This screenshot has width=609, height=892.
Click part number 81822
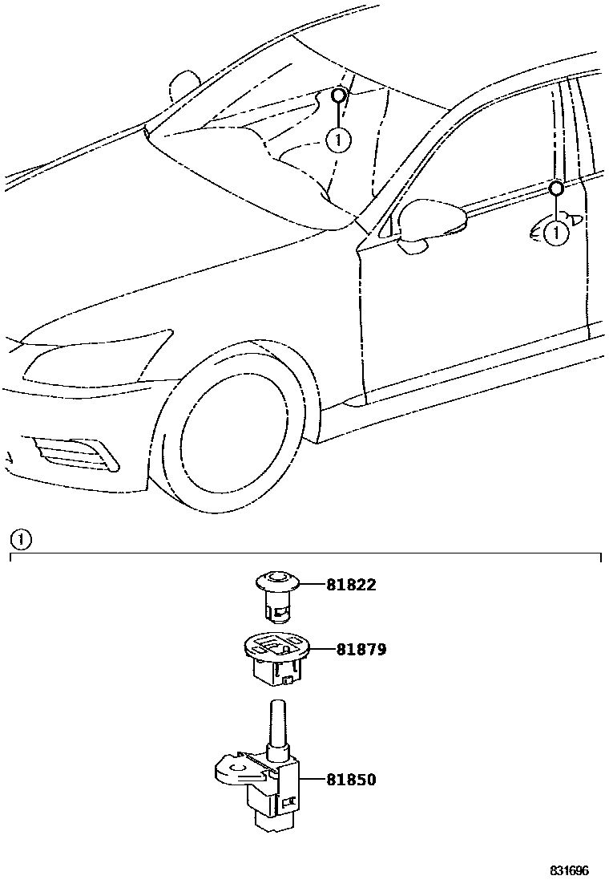click(351, 586)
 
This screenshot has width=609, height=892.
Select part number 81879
click(361, 649)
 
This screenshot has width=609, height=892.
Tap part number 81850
click(351, 779)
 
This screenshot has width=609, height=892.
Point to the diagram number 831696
click(569, 871)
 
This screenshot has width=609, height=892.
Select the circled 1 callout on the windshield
click(338, 140)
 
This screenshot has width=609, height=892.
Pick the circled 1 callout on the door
click(555, 233)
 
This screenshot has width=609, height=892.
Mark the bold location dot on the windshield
click(338, 95)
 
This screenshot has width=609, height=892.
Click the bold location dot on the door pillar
click(555, 189)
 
